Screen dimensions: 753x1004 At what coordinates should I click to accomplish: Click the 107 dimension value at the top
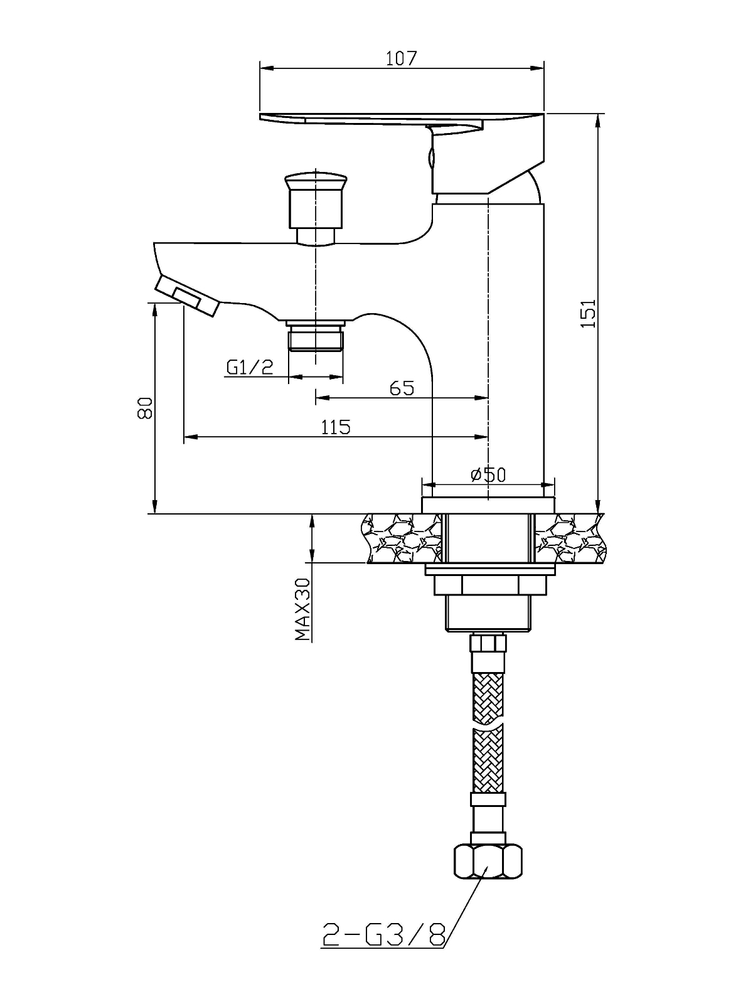coord(401,58)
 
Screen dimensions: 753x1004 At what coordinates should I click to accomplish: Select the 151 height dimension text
coord(588,313)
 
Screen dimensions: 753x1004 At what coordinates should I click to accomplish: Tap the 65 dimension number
coord(402,388)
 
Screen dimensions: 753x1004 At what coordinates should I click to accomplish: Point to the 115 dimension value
coord(336,427)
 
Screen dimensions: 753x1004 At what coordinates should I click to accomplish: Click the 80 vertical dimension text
coord(144,407)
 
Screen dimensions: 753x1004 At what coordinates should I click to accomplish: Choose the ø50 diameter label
coord(488,475)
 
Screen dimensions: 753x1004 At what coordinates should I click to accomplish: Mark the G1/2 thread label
coord(250,367)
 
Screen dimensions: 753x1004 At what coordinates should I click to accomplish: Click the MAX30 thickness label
coord(302,609)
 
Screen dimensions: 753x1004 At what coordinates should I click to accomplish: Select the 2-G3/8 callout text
coord(384,933)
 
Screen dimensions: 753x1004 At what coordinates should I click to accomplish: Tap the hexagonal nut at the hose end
coord(488,860)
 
